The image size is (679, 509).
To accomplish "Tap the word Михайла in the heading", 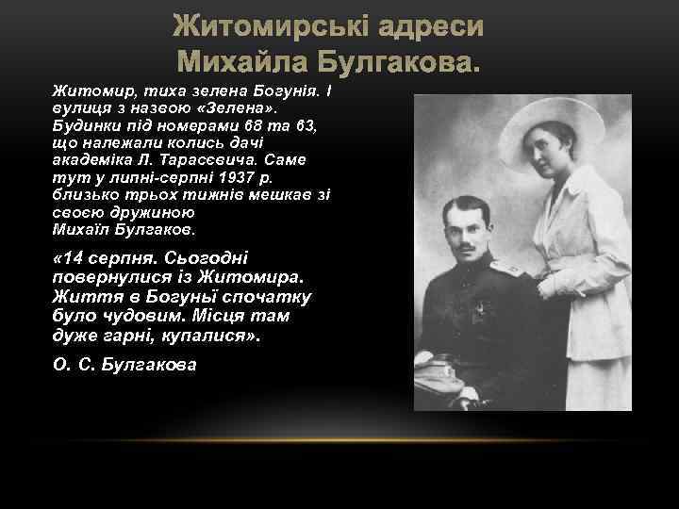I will pyautogui.click(x=246, y=63).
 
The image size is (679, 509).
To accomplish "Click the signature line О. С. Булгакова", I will pyautogui.click(x=125, y=364).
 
